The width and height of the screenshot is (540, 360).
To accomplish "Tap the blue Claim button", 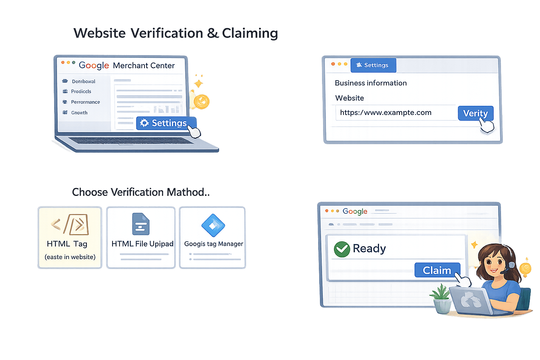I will tap(437, 270).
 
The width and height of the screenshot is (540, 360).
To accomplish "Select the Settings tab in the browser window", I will tap(373, 65).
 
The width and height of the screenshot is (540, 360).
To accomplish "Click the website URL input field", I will tap(396, 113).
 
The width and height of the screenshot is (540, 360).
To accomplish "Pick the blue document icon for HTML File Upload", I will tap(141, 224).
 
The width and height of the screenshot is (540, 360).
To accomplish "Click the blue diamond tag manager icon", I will tap(213, 225).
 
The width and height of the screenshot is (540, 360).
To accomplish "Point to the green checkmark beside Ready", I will tap(341, 249).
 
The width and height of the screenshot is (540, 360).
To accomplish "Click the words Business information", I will tap(371, 83).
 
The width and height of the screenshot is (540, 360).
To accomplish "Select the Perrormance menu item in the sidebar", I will tap(85, 102).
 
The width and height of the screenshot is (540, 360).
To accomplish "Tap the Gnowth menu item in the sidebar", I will tap(79, 113).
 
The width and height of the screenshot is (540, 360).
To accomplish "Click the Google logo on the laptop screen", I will tap(94, 65).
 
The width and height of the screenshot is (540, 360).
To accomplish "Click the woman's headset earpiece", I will tap(512, 264).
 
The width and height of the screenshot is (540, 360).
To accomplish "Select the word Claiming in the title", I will tap(250, 33).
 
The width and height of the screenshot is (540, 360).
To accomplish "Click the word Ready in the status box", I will tap(369, 249).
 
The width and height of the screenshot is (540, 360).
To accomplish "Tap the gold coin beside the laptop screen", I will tap(202, 102).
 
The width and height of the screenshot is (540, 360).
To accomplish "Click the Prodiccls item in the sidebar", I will tap(81, 91).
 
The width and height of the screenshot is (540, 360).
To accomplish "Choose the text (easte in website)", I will tap(70, 257).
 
